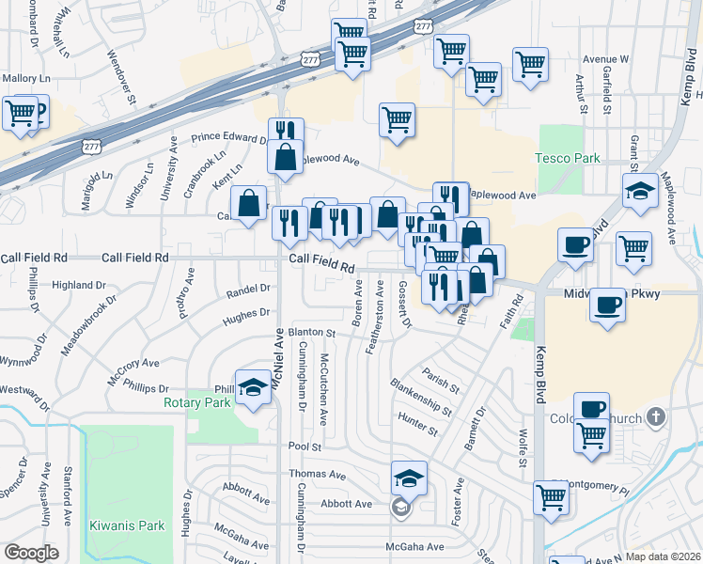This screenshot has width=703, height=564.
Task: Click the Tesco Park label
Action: pos(568,158)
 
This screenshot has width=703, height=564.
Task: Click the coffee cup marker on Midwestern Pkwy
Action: pos(609,306)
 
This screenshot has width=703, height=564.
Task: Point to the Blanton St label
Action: pos(312,332)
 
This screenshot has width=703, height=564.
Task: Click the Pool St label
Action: pos(305,447)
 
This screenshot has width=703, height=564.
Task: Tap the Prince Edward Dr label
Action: pos(228,138)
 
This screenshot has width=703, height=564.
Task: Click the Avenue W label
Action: pos(605,58)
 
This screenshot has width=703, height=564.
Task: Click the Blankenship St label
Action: pos(420,398)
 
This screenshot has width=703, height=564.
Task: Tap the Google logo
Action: pos(31,553)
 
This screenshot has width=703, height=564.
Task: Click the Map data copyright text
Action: pos(663,556)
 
